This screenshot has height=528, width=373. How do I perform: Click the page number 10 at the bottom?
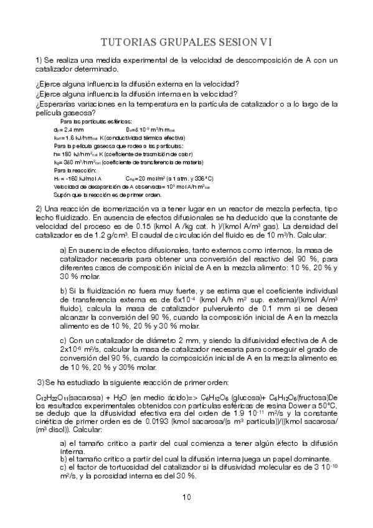tap(186, 496)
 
